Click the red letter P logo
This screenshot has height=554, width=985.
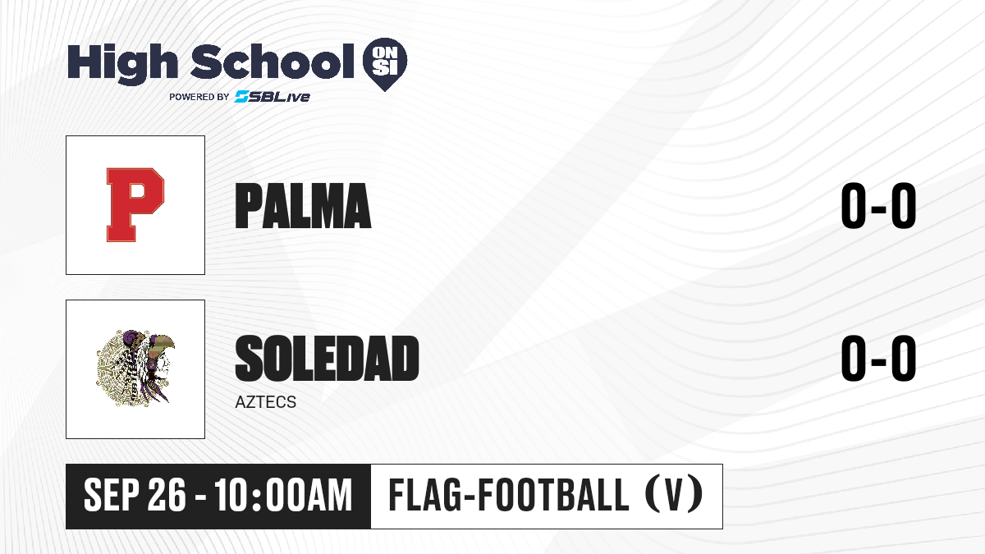[x=135, y=205]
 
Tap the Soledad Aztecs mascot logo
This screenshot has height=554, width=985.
[x=135, y=369]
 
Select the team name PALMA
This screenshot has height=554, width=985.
[x=303, y=206]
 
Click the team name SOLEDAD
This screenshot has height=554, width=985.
[x=327, y=358]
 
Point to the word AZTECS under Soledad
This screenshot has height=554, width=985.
[x=266, y=402]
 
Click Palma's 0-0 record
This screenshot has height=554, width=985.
[x=878, y=206]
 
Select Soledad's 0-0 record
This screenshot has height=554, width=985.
[x=878, y=358]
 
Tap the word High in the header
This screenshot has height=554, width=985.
[x=122, y=64]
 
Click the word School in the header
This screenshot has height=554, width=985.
[x=273, y=61]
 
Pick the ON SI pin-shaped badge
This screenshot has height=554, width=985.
[x=385, y=64]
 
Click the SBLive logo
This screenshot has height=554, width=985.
[x=273, y=96]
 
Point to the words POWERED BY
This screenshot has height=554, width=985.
[x=199, y=97]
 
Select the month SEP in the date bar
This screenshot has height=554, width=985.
[x=112, y=496]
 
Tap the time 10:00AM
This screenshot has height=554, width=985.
[x=284, y=496]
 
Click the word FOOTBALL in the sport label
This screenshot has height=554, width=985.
[x=553, y=495]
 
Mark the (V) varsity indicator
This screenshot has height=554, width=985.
[x=674, y=495]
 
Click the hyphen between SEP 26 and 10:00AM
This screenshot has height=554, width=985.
[x=200, y=497]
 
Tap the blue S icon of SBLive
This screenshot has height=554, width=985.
[x=242, y=96]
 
